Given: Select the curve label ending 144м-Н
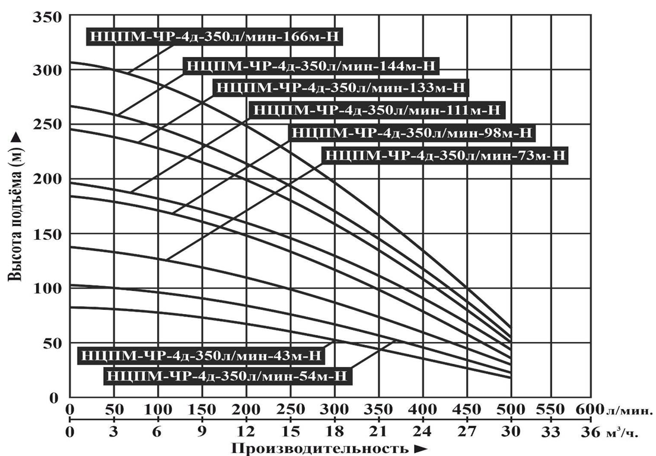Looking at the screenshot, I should [312, 66].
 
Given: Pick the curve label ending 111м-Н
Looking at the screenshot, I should [377, 110].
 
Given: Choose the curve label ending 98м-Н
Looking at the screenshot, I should [412, 133].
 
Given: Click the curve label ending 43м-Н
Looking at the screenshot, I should [202, 356].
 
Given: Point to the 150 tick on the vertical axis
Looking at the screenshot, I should [50, 234].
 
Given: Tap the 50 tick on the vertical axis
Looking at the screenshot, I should [53, 343].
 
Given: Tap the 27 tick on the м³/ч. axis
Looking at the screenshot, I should [467, 433].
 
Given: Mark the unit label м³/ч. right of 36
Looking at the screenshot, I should [623, 433].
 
